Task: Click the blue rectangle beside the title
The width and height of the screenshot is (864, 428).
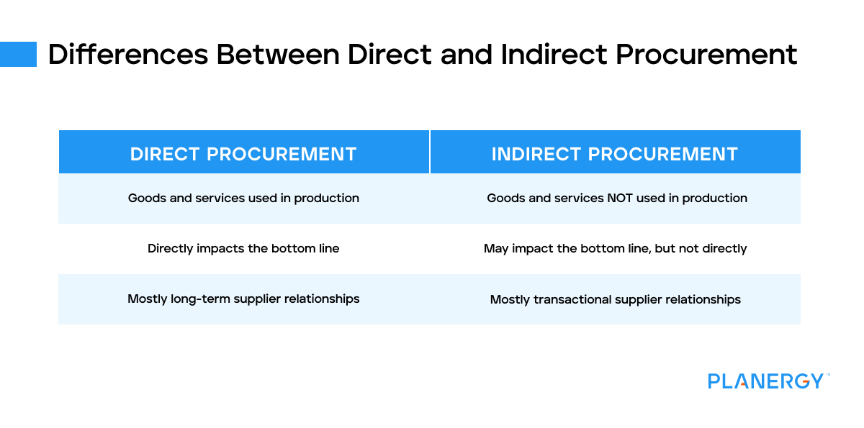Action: pos(18,54)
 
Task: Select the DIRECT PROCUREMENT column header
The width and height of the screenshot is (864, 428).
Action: pos(243,154)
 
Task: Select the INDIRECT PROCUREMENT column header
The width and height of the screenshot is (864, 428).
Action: pos(615,154)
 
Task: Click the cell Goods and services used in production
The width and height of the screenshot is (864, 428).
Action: pos(243,198)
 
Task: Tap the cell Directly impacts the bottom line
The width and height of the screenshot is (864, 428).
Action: pos(243,248)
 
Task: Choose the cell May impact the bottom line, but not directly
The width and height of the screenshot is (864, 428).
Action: pos(615,248)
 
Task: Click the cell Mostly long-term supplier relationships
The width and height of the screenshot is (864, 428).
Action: pos(243,299)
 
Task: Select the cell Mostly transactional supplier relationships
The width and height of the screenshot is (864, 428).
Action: pos(615,299)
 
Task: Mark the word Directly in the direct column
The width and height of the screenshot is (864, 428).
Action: pos(171,248)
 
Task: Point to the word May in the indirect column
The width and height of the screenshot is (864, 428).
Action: pos(496,248)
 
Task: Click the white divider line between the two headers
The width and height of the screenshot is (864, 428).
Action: pos(430,152)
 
